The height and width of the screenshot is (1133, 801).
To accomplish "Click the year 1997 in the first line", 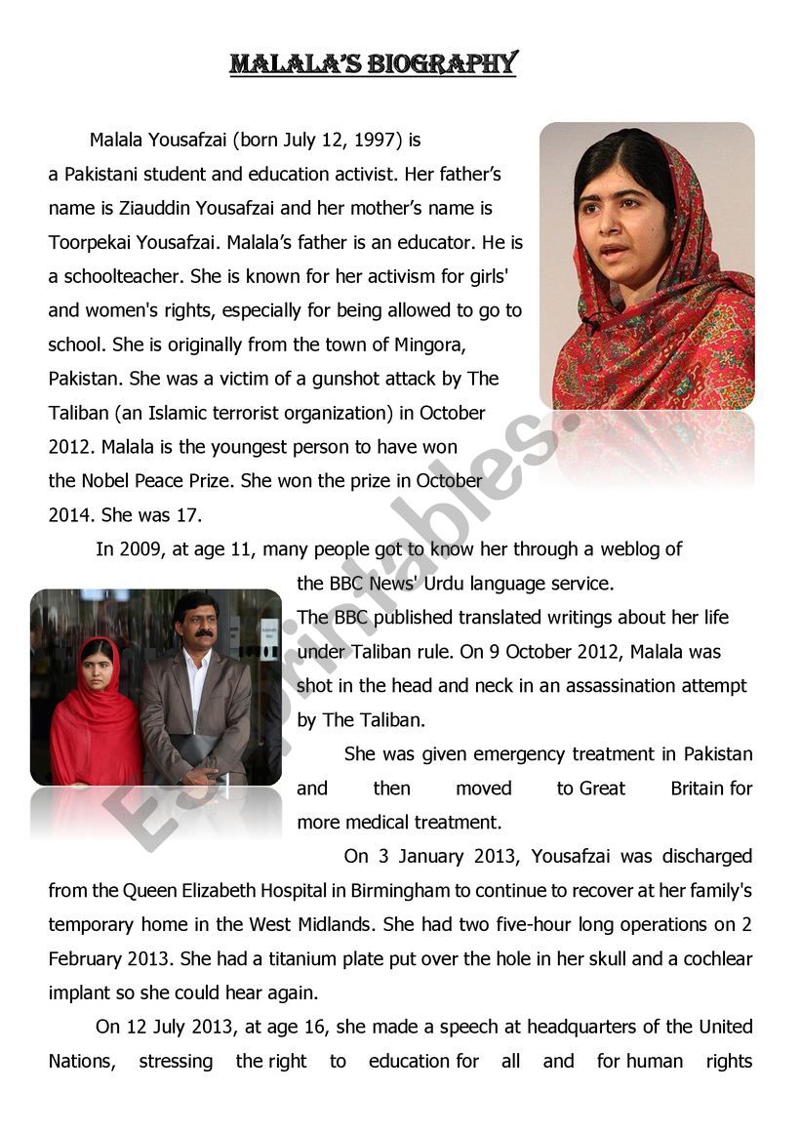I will tap(378, 141).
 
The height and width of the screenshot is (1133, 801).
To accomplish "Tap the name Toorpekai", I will tap(93, 243).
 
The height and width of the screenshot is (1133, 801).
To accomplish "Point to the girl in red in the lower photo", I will tap(95, 712).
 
